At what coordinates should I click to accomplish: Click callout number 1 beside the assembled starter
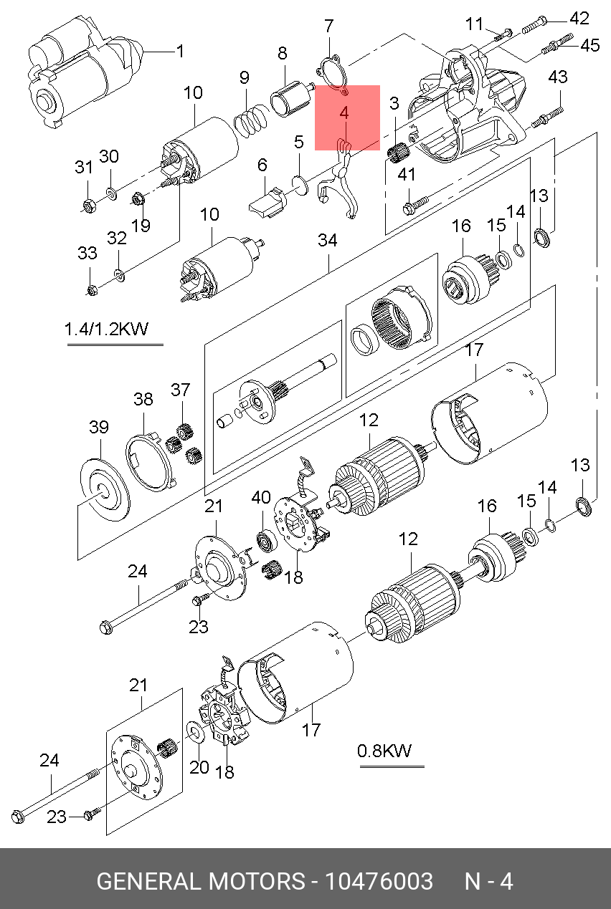click(x=180, y=52)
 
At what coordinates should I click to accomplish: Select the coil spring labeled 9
click(x=252, y=120)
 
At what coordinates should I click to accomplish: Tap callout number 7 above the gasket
click(x=328, y=27)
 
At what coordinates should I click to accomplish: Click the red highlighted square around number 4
click(x=347, y=117)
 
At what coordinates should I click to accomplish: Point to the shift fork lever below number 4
click(x=341, y=183)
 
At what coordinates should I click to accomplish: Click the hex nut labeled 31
click(x=89, y=206)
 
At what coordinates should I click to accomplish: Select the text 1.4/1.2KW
click(x=106, y=329)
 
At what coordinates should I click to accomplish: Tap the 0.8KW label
click(x=384, y=751)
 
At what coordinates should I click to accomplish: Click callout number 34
click(x=327, y=240)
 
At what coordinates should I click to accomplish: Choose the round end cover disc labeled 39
click(x=105, y=490)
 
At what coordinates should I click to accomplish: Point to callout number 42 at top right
click(x=579, y=19)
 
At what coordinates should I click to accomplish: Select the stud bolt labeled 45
click(x=557, y=44)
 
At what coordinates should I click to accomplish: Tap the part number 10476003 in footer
click(x=379, y=881)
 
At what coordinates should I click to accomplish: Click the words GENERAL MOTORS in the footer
click(x=201, y=881)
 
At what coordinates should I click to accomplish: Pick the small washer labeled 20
click(x=194, y=731)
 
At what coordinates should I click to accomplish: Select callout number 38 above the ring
click(x=143, y=399)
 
